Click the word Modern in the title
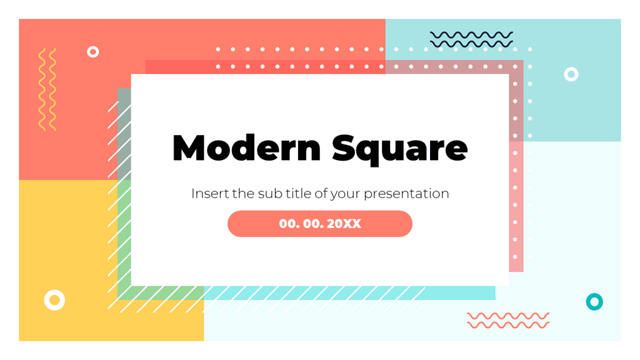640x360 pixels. pyautogui.click(x=246, y=149)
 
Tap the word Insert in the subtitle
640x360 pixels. pyautogui.click(x=209, y=194)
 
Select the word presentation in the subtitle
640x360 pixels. pyautogui.click(x=406, y=194)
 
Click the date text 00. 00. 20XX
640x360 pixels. pyautogui.click(x=320, y=224)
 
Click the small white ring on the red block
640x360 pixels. pyautogui.click(x=93, y=52)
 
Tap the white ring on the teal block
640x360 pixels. pyautogui.click(x=571, y=74)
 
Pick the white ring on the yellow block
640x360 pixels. pyautogui.click(x=54, y=300)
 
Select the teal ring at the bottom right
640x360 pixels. pyautogui.click(x=594, y=302)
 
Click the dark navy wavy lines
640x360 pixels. pyautogui.click(x=471, y=39)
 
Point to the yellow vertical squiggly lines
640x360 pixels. pyautogui.click(x=47, y=89)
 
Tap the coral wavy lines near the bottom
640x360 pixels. pyautogui.click(x=508, y=321)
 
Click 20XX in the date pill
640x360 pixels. pyautogui.click(x=344, y=224)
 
